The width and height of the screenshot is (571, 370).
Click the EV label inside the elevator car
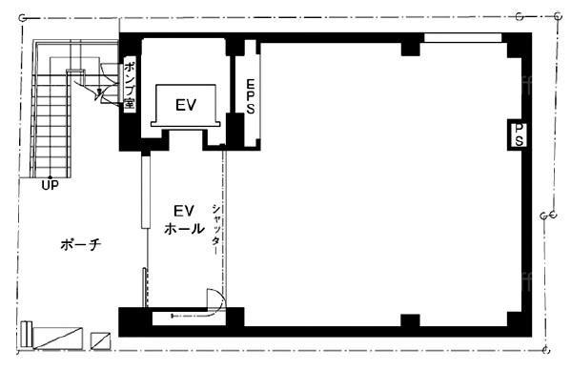click(186, 105)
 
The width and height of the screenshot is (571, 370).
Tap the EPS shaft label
click(251, 96)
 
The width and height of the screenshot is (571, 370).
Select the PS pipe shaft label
click(520, 134)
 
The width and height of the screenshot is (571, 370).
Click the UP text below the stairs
click(50, 185)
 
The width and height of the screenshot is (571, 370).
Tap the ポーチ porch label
click(80, 245)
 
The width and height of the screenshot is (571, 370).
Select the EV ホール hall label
click(184, 220)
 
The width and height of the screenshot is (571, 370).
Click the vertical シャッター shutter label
click(216, 229)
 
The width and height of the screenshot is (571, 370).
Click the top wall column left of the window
click(411, 50)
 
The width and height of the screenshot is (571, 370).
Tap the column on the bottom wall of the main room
click(411, 320)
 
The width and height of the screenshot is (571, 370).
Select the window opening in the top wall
click(463, 38)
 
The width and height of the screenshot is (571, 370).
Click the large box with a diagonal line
click(58, 339)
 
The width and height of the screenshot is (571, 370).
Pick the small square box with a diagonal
click(100, 341)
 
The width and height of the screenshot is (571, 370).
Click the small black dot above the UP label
click(50, 177)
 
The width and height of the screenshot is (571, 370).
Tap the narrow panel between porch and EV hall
click(146, 192)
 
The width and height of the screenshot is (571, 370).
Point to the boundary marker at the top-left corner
click(23, 18)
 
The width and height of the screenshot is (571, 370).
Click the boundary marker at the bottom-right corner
click(545, 350)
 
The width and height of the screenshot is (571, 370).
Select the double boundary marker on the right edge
click(548, 216)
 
